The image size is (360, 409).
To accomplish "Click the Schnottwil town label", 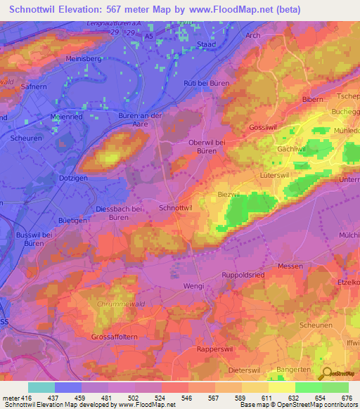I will pyautogui.click(x=176, y=209).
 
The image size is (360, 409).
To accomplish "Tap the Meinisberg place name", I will pyautogui.click(x=84, y=59).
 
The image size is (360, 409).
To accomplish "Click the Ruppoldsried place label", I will pyautogui.click(x=243, y=275).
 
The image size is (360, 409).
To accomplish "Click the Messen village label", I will pyautogui.click(x=290, y=266).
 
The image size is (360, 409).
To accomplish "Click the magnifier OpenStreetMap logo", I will pyautogui.click(x=328, y=374).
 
